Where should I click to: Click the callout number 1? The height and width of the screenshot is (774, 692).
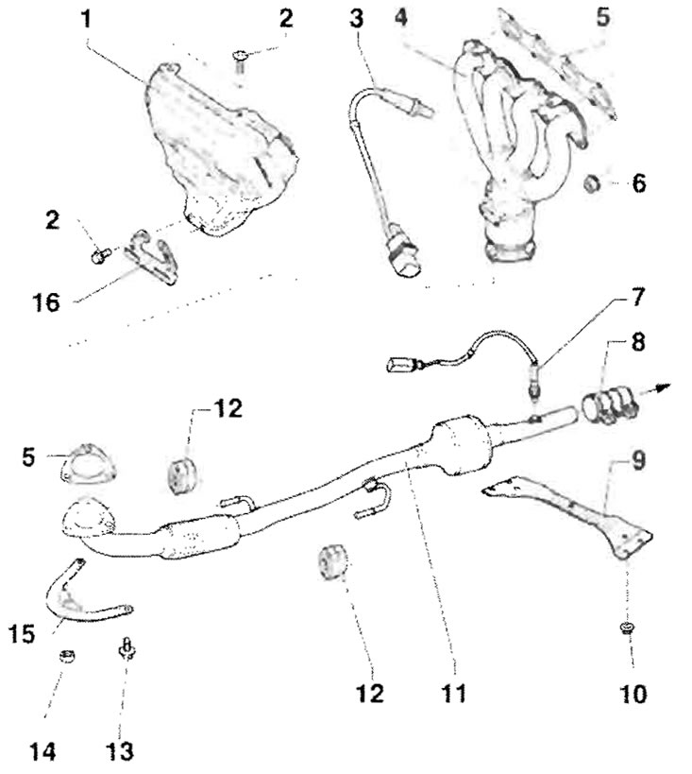pos(86,19)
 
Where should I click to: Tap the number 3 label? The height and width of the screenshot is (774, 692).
pos(357,19)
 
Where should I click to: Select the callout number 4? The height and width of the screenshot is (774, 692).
pos(401,18)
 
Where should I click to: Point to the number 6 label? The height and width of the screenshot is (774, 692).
pos(639,183)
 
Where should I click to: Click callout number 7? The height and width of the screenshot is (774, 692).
pos(638,297)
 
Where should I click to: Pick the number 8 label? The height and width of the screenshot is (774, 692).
pos(638,342)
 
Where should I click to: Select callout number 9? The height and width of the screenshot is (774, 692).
pos(638,460)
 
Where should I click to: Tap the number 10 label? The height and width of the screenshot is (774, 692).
pos(633,694)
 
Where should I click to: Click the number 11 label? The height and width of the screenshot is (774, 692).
pos(454,694)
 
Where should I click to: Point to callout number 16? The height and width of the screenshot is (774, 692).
pos(46,302)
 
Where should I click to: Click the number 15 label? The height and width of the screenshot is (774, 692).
pos(23,634)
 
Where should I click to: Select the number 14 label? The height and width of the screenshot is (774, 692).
pos(42,752)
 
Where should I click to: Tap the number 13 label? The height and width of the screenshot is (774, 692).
pos(120,751)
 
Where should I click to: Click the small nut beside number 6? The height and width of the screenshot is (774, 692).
pos(591,183)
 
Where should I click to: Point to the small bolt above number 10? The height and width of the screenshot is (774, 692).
pos(627,628)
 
